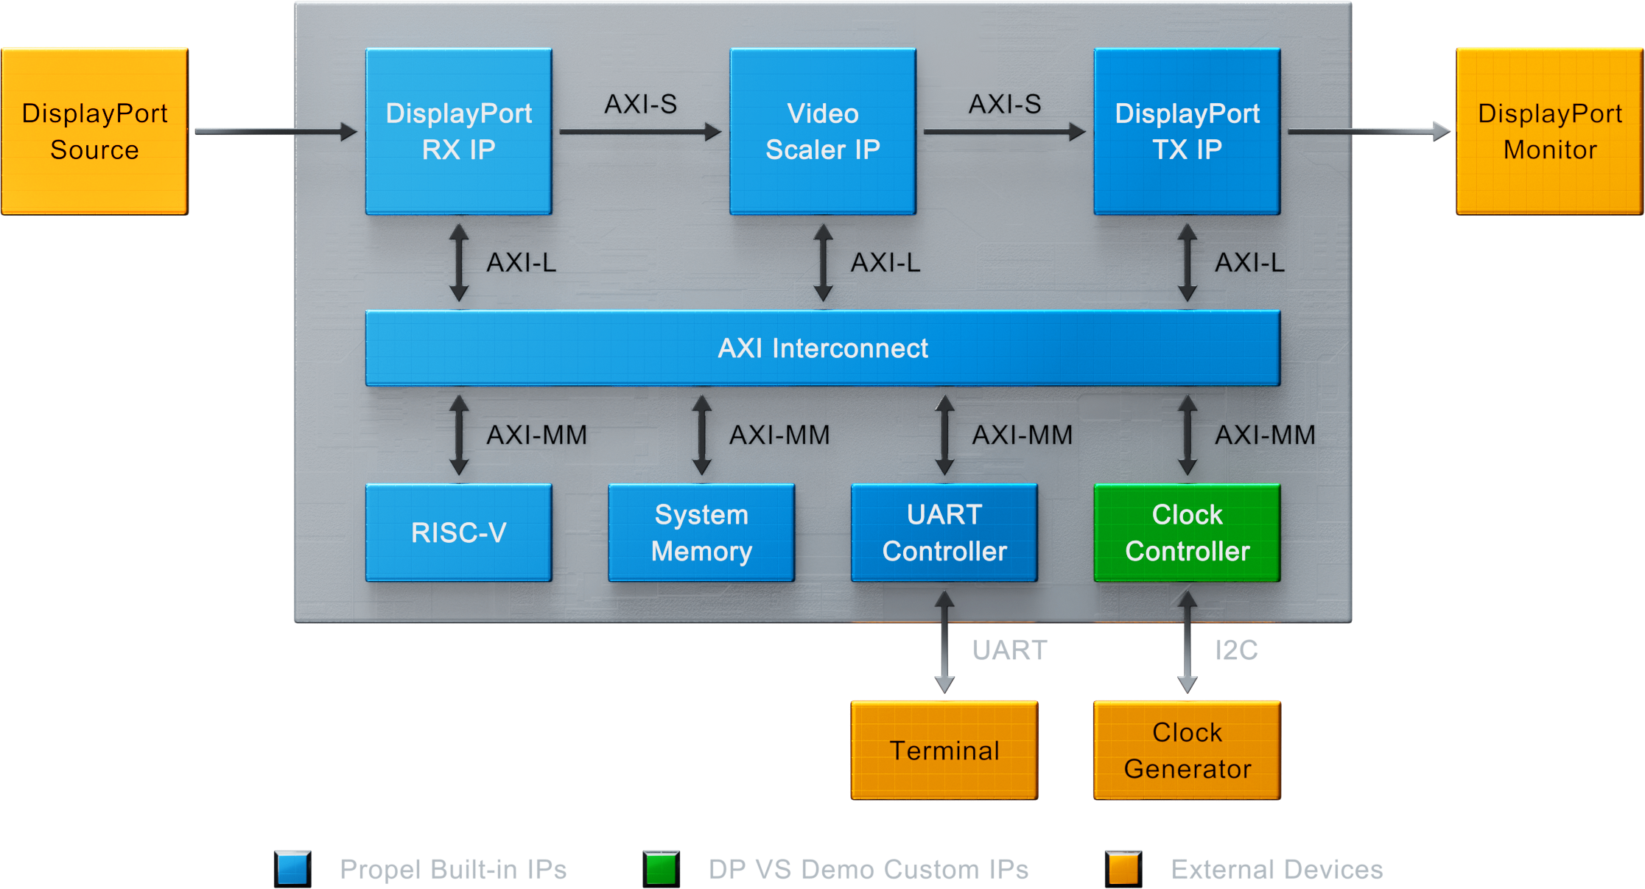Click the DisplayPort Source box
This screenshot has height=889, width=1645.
[x=94, y=131]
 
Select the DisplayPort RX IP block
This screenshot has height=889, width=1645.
[x=458, y=131]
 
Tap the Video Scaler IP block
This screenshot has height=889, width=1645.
[x=822, y=131]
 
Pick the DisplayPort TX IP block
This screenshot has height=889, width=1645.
[x=1187, y=131]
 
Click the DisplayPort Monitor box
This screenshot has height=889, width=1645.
[x=1550, y=131]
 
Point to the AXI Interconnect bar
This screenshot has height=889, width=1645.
[x=822, y=348]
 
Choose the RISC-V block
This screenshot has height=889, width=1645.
[x=458, y=533]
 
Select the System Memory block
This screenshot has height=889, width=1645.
[x=701, y=533]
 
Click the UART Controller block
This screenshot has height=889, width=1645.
[x=944, y=533]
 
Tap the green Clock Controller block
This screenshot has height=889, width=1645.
[x=1187, y=533]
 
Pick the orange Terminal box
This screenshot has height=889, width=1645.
[x=944, y=750]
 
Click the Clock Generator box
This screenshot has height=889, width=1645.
[x=1187, y=750]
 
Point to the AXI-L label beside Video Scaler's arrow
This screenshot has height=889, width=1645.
[x=885, y=263]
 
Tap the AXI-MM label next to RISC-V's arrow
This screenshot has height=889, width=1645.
[x=536, y=435]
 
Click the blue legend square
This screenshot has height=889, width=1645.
[x=292, y=868]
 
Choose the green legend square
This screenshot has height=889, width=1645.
[x=661, y=868]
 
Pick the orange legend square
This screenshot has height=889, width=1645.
[x=1123, y=868]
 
